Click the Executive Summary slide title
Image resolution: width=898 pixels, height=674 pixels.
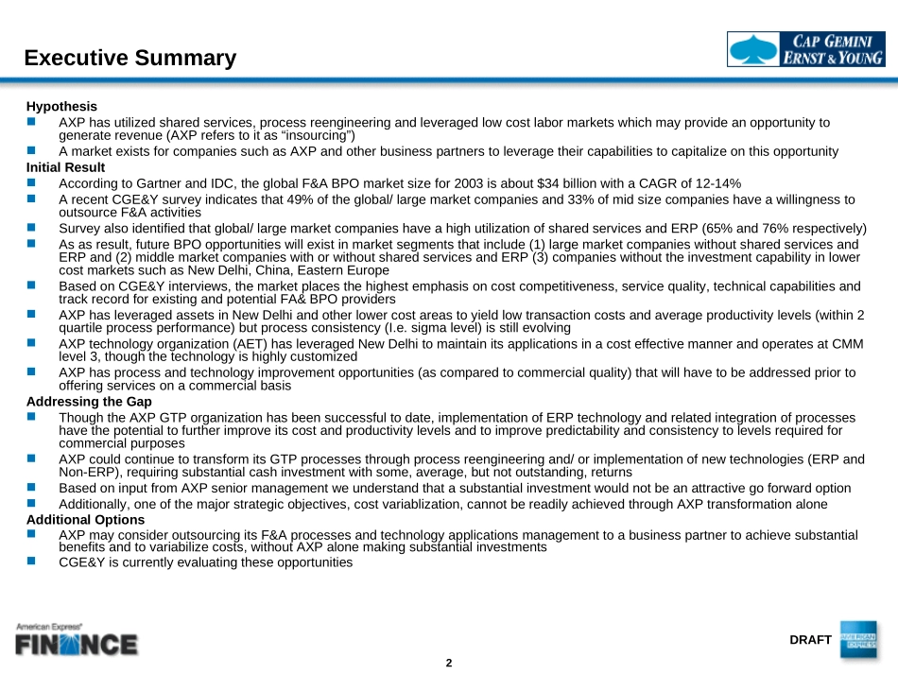[130, 59]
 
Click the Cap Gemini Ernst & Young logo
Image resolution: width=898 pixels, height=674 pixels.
[805, 49]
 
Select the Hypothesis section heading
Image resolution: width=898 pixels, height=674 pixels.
[61, 107]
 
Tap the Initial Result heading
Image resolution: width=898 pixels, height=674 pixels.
[65, 167]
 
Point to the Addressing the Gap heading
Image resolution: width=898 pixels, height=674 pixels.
[89, 402]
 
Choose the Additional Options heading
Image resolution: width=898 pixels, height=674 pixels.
[85, 520]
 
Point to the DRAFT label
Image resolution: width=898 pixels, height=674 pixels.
[810, 640]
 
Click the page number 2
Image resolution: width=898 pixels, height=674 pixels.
[449, 663]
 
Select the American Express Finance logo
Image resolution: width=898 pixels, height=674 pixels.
[76, 640]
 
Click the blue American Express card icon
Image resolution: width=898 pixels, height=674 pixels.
[857, 639]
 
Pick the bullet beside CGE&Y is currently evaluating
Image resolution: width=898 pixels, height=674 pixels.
[31, 561]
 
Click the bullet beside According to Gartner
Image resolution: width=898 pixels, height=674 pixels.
[31, 181]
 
